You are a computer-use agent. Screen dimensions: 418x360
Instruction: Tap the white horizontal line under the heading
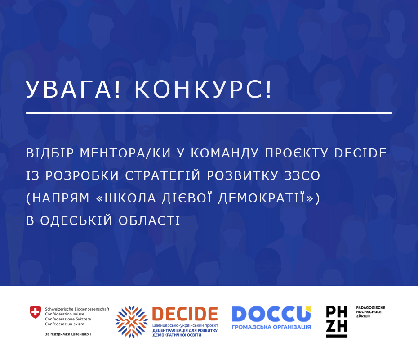209,113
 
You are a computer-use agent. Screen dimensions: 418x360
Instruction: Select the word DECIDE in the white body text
360,153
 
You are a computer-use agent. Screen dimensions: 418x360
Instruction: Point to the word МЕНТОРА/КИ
125,153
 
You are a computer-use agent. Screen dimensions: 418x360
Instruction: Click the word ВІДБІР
50,153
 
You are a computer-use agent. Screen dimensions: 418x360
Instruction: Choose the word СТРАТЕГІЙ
163,175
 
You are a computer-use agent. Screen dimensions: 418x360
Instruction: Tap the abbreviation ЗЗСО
302,175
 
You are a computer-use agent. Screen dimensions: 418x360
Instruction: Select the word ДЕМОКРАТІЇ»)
269,198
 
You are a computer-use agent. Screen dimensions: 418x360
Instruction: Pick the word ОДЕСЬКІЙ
76,220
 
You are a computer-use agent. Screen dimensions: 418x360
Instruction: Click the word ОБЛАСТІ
149,220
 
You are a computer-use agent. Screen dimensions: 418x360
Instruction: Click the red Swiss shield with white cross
35,312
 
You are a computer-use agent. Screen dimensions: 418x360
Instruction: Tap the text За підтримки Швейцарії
68,334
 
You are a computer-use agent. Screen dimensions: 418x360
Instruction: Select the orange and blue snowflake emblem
131,322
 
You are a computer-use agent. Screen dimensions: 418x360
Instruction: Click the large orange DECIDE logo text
185,314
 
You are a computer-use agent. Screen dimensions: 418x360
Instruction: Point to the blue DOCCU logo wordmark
271,314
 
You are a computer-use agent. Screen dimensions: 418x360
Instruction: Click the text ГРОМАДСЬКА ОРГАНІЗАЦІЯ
271,327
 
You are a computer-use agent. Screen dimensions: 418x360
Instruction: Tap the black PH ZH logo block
337,321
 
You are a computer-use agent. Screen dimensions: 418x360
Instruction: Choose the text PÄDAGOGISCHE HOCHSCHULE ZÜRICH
370,312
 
